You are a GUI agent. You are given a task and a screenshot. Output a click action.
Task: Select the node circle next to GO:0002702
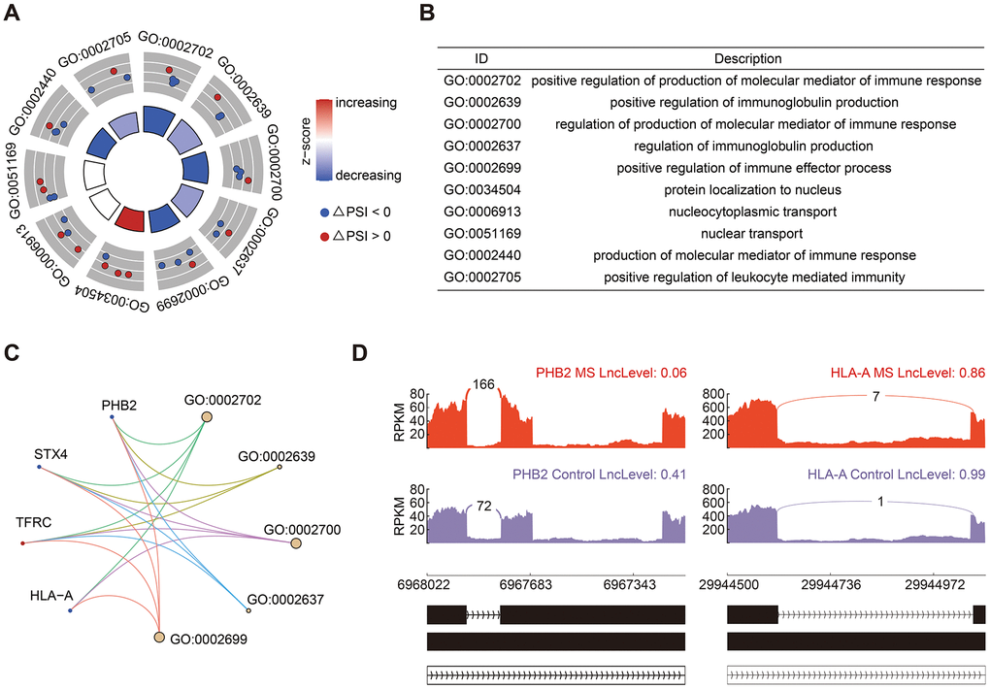[x=206, y=417]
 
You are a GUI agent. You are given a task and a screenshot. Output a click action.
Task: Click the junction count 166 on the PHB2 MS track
[x=484, y=383]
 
